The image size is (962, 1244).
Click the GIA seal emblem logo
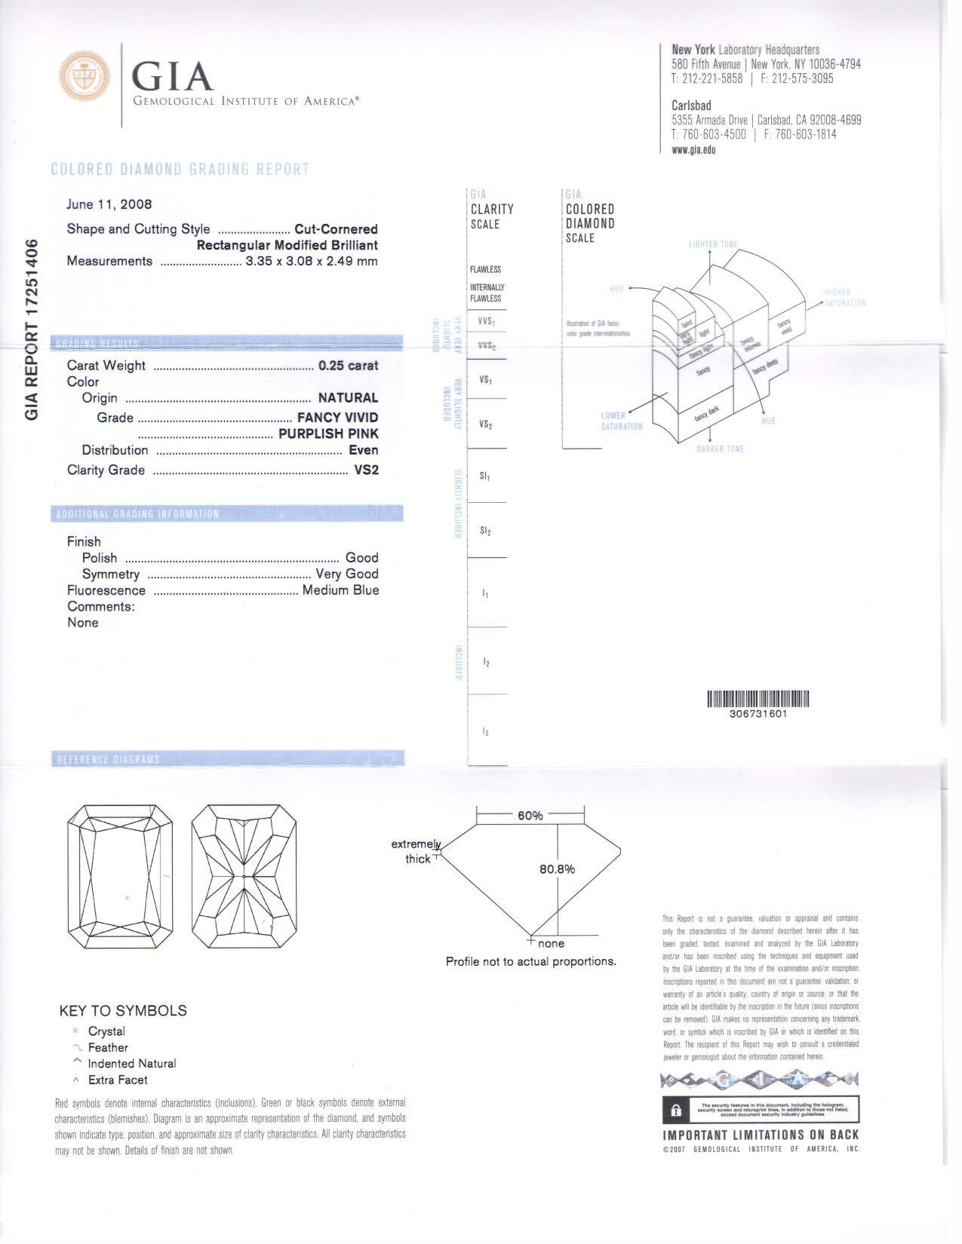[x=85, y=77]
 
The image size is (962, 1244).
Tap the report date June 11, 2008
[x=109, y=204]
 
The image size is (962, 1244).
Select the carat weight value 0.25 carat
[x=348, y=366]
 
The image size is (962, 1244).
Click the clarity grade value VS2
[x=366, y=470]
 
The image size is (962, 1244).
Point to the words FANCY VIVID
[x=337, y=418]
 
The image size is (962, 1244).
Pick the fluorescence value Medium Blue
[x=340, y=590]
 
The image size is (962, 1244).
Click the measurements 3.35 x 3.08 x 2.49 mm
[x=311, y=262]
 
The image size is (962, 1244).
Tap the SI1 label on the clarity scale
[x=485, y=476]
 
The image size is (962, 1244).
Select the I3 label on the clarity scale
[x=486, y=731]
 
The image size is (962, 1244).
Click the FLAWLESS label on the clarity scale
[x=485, y=269]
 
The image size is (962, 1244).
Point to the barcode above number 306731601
[x=758, y=699]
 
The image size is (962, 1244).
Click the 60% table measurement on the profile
[x=530, y=816]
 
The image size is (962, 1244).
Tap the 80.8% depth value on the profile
[x=557, y=869]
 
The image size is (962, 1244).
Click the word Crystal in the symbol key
[x=106, y=1031]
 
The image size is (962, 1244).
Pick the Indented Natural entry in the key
[x=131, y=1064]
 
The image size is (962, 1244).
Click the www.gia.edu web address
[x=693, y=149]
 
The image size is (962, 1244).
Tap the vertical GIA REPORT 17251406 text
[x=32, y=329]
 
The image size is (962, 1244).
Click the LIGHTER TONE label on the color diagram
[x=713, y=244]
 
